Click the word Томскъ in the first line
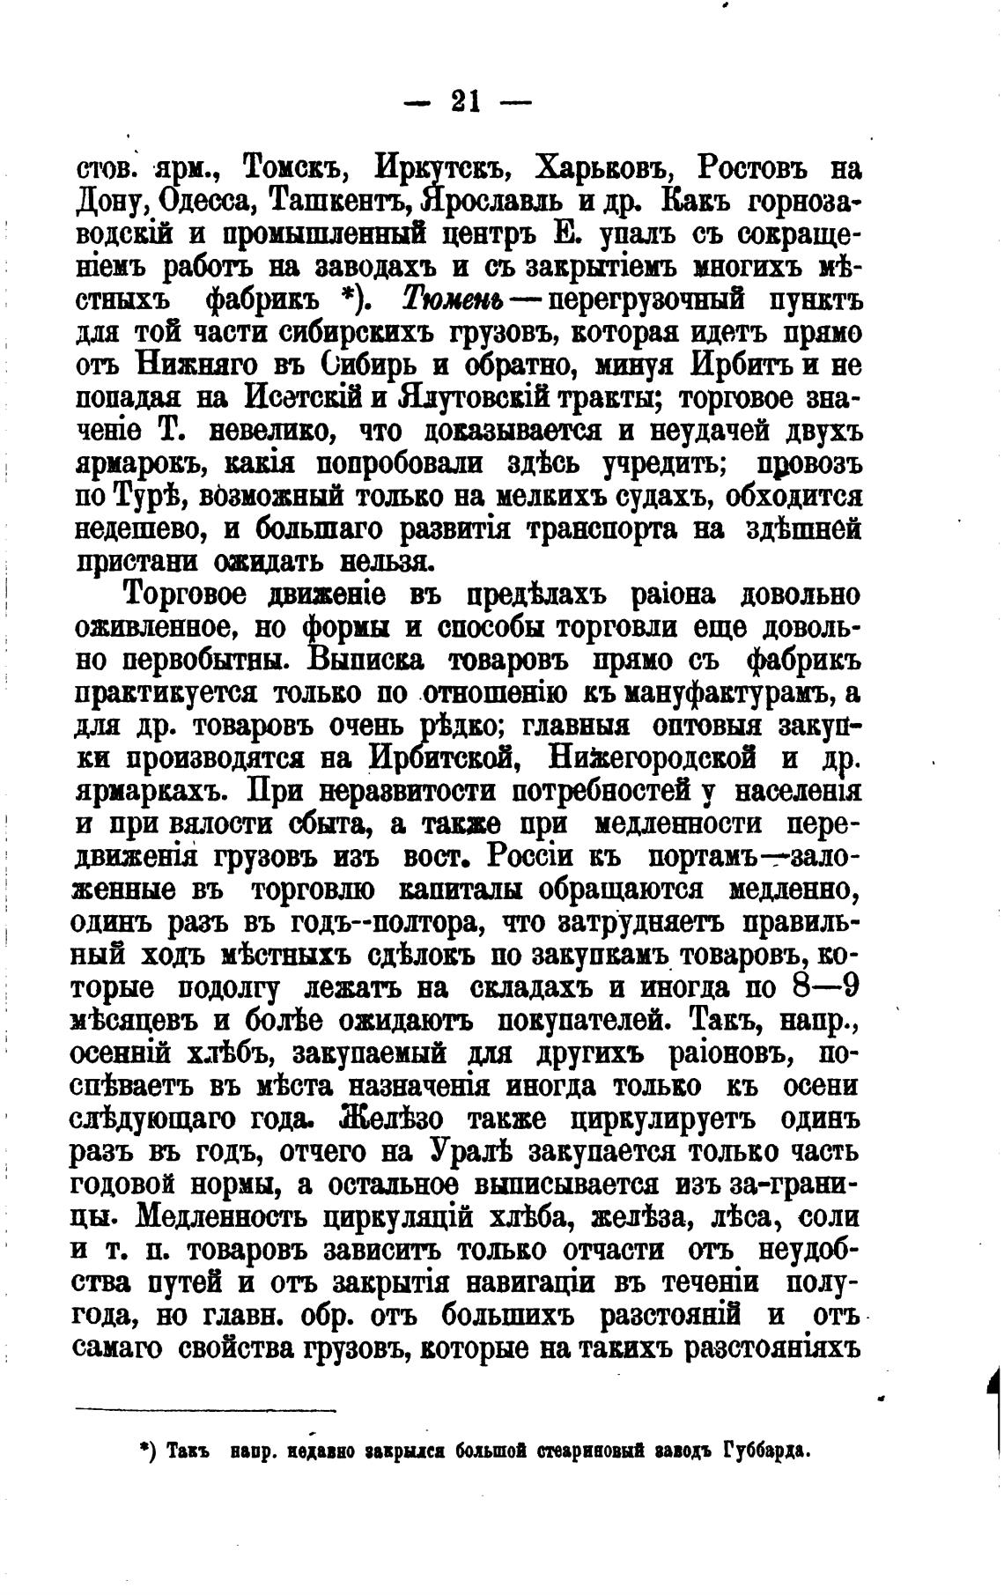point(287,166)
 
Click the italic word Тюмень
point(452,300)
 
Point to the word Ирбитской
point(441,758)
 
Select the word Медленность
point(225,1217)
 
